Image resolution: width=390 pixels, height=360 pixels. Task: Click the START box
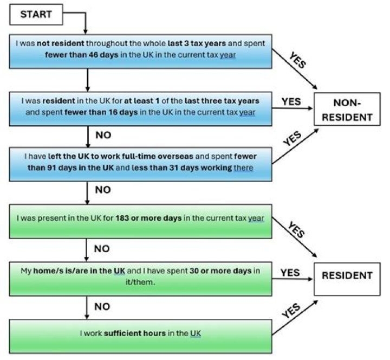tap(36, 14)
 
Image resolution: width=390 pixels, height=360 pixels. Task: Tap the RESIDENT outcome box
tap(347, 275)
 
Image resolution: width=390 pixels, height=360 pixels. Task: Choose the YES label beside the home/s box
tap(290, 272)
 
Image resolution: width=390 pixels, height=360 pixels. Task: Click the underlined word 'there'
tap(243, 168)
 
